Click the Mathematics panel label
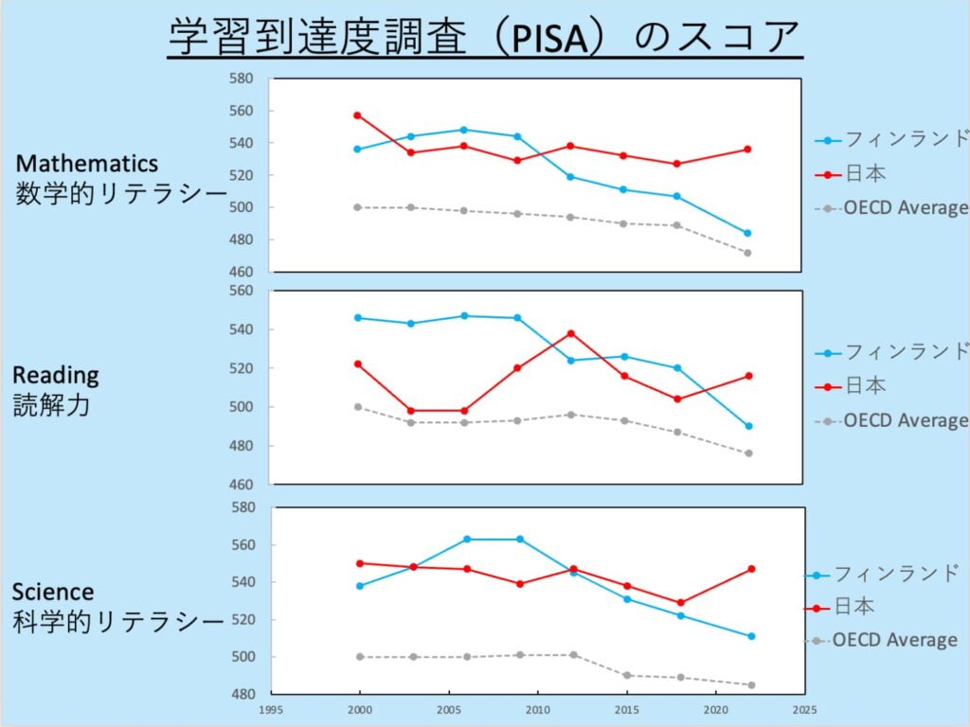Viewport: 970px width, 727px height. [87, 164]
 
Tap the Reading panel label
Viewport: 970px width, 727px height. [56, 375]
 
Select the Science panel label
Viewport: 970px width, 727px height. [53, 592]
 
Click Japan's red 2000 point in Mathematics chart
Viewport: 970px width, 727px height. [357, 115]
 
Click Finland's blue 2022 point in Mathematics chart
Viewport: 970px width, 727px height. [747, 233]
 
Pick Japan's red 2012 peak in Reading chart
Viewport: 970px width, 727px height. [570, 333]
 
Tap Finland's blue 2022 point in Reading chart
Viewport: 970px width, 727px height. [747, 426]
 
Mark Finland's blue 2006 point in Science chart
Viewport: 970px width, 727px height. [467, 539]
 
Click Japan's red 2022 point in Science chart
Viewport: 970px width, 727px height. [751, 569]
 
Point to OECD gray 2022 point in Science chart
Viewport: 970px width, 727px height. [751, 684]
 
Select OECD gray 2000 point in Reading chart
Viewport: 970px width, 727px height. [357, 407]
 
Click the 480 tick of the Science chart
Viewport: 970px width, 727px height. [243, 694]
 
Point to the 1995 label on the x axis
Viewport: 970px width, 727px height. [269, 708]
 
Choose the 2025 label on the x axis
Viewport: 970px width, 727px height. [804, 708]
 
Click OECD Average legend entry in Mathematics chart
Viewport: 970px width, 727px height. [905, 208]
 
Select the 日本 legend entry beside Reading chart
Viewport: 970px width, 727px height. [865, 386]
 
